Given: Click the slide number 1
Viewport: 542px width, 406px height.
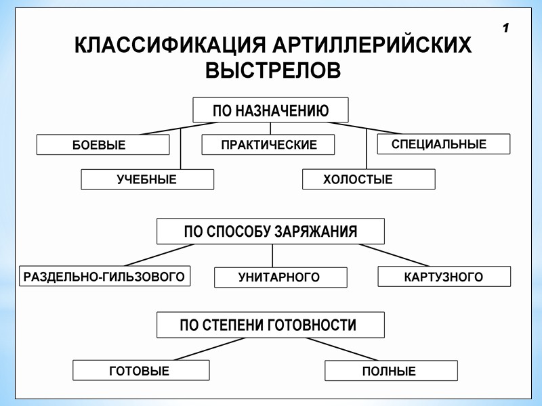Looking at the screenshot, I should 506,28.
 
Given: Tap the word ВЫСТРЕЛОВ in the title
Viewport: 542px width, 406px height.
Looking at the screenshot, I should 272,70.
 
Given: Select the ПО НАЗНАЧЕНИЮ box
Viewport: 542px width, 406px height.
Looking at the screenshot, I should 270,110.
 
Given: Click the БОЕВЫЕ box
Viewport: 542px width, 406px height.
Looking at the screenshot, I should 102,145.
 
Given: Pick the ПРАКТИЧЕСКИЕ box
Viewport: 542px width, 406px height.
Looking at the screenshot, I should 268,145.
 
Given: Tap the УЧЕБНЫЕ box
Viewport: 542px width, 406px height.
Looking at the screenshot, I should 147,179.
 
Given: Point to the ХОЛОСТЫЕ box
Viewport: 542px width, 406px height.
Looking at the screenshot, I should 368,179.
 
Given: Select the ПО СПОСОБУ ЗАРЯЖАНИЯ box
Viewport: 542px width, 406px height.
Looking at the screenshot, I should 270,231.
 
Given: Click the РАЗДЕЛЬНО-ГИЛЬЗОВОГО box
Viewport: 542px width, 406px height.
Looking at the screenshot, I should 104,276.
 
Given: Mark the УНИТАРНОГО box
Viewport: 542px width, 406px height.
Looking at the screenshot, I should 280,277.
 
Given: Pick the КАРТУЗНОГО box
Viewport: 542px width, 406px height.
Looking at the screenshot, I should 444,277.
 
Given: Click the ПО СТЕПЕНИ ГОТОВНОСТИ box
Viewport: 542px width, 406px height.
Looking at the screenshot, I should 270,325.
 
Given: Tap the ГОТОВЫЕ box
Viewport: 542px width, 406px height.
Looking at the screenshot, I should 140,371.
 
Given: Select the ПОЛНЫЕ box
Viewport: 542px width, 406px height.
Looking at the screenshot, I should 390,371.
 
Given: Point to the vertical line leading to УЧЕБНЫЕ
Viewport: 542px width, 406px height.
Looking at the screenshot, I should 181,149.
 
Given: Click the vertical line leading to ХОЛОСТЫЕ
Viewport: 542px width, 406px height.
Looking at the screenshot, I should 367,149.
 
